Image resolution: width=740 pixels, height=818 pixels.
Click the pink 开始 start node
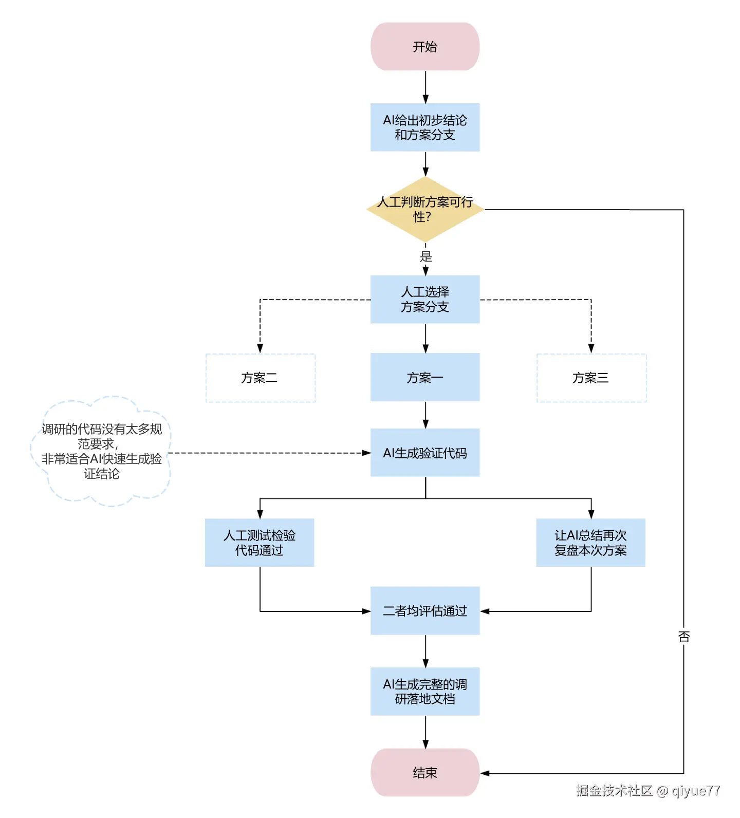coord(425,47)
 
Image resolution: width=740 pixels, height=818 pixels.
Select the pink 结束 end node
coord(425,772)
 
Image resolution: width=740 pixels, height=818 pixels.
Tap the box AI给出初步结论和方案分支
coord(425,127)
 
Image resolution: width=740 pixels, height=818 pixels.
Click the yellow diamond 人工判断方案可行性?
coord(425,209)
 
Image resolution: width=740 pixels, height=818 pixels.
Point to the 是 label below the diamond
coord(426,256)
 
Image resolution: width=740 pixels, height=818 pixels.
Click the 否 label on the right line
coord(683,637)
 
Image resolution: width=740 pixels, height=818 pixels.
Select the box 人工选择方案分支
coord(425,300)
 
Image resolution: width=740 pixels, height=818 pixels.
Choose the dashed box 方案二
coord(260,378)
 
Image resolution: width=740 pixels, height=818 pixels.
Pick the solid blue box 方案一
coord(425,377)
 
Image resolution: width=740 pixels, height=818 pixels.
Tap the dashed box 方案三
coord(591,378)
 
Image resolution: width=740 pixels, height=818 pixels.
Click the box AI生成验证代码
coord(425,453)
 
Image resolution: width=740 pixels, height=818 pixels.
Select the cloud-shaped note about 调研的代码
coord(102,452)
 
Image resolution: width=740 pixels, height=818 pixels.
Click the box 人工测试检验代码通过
coord(260,543)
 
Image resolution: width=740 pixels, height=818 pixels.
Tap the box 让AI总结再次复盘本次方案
coord(590,543)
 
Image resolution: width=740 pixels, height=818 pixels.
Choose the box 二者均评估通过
coord(425,610)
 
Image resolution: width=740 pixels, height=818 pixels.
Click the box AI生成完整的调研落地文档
coord(425,691)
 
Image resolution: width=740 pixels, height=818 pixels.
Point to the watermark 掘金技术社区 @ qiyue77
coord(647,790)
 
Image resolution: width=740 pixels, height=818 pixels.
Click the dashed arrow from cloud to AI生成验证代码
coord(267,453)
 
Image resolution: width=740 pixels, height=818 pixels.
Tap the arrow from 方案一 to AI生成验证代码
coord(425,414)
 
